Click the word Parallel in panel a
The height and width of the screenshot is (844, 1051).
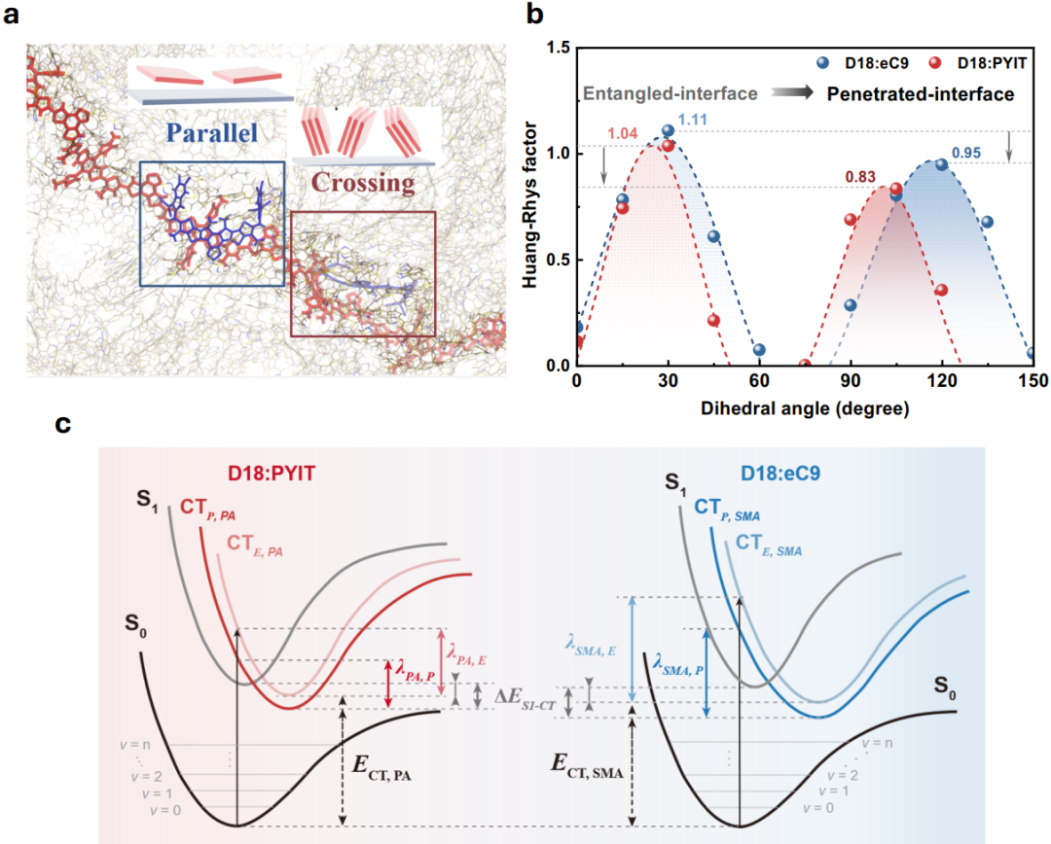click(212, 132)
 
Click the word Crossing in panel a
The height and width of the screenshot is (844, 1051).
click(363, 183)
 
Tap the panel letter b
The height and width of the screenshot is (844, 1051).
click(534, 14)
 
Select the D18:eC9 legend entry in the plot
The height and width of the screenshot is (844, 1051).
click(862, 63)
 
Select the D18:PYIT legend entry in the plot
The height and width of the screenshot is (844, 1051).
click(977, 63)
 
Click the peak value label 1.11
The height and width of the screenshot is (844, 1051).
click(693, 120)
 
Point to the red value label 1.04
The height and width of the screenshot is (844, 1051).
click(622, 133)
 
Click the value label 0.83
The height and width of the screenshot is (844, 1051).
click(860, 177)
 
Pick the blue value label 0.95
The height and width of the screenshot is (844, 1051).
click(966, 153)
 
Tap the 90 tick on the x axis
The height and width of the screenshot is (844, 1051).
click(850, 380)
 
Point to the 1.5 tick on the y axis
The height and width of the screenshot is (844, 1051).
click(558, 48)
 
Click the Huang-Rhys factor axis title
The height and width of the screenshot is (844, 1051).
click(530, 205)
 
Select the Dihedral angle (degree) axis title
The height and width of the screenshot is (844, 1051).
click(805, 408)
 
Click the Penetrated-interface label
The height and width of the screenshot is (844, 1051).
click(921, 93)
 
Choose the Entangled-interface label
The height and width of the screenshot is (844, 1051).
click(670, 93)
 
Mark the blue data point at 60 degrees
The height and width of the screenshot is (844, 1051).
click(759, 350)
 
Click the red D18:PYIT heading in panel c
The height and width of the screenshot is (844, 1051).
click(272, 474)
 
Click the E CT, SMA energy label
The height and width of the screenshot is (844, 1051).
click(587, 765)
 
